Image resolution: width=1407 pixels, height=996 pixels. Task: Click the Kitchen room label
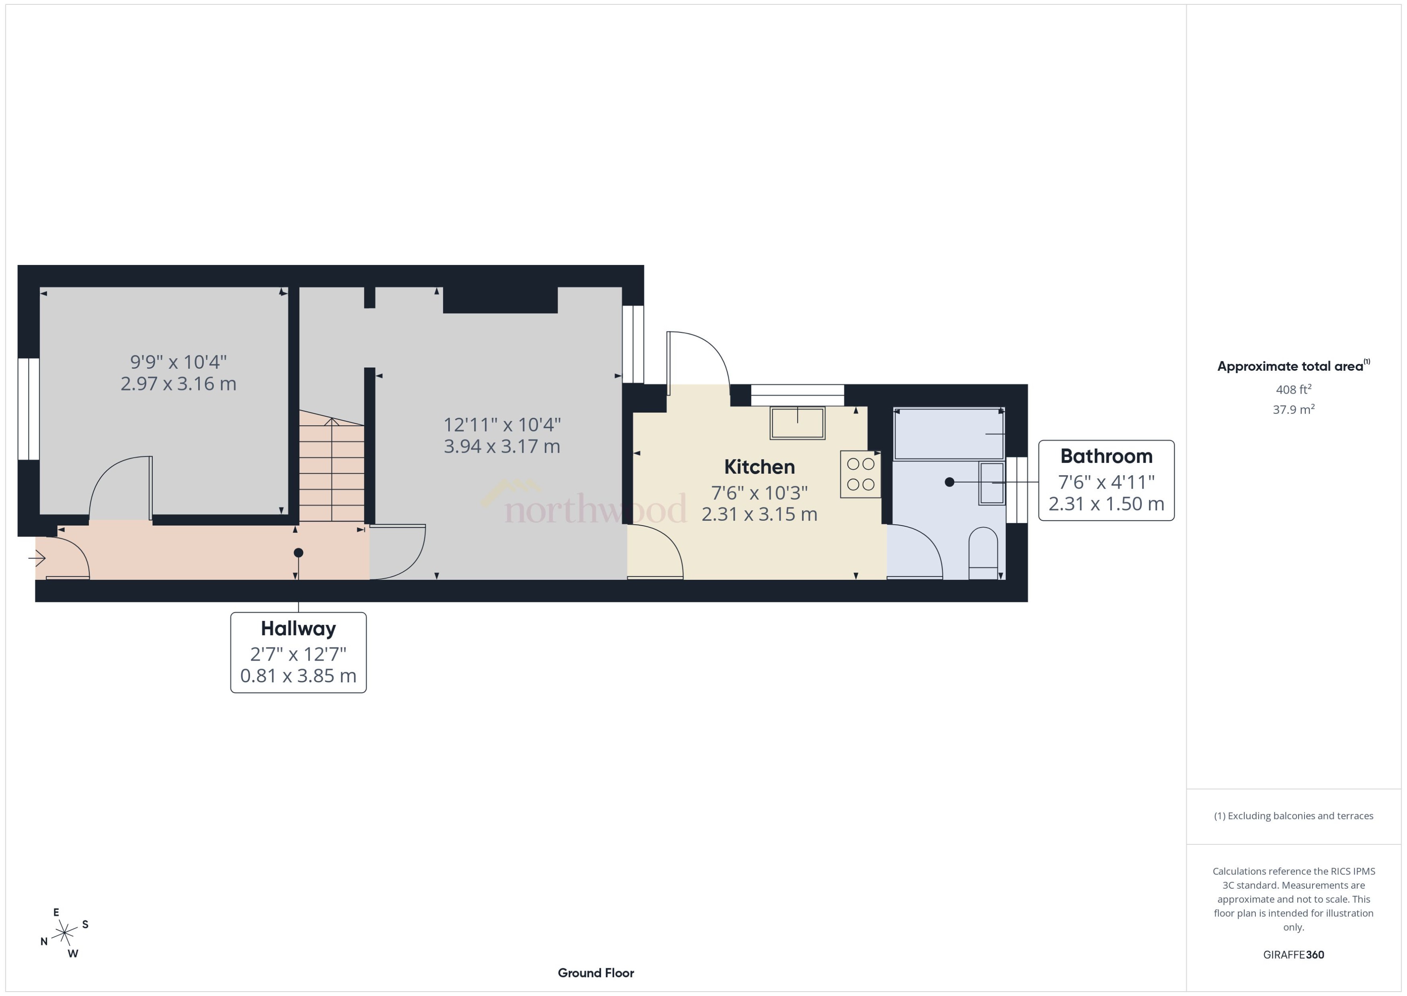pos(759,467)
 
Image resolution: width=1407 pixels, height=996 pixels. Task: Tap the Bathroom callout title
pos(1106,456)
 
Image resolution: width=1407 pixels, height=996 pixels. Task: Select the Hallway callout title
pos(298,628)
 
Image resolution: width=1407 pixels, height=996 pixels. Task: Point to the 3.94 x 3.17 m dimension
pos(501,446)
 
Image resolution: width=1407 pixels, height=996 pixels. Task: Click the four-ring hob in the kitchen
pos(860,474)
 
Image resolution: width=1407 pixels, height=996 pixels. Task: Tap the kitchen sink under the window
pos(797,423)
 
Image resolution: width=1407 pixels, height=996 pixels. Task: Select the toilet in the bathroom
pos(983,552)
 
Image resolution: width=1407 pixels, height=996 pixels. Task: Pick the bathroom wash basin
pos(991,483)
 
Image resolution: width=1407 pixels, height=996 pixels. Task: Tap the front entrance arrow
pos(37,558)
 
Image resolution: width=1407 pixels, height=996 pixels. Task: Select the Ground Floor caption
pos(595,973)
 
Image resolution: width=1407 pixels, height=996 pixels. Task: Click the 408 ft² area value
pos(1293,390)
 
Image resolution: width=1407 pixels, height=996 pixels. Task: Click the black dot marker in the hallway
pos(299,552)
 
